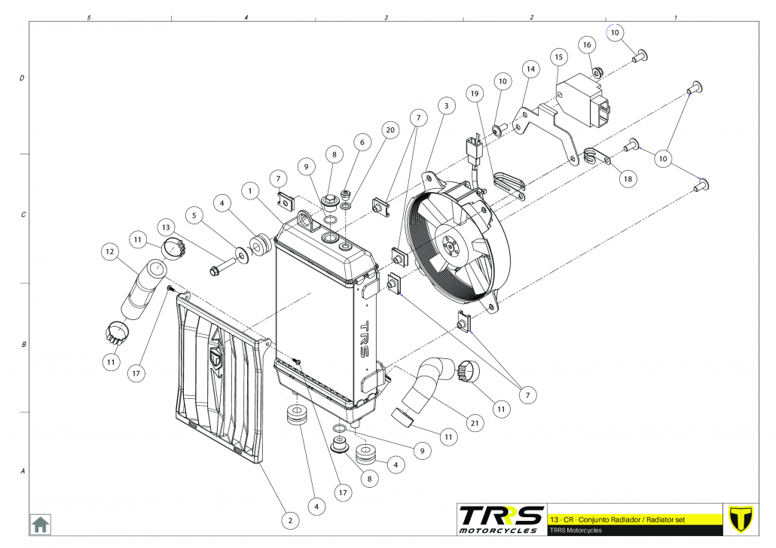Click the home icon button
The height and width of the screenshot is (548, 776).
click(40, 524)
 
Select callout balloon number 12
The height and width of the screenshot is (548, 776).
click(110, 251)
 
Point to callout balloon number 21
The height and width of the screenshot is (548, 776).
click(475, 424)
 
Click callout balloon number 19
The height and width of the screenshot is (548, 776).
click(474, 94)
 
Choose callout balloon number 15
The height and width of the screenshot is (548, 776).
click(558, 56)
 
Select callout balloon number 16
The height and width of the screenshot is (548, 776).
click(587, 45)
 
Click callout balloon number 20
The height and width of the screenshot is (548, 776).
click(390, 129)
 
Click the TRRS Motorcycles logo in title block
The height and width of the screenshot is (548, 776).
click(501, 518)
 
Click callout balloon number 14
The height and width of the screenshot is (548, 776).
click(530, 69)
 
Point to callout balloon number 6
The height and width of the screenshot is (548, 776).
click(362, 142)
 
